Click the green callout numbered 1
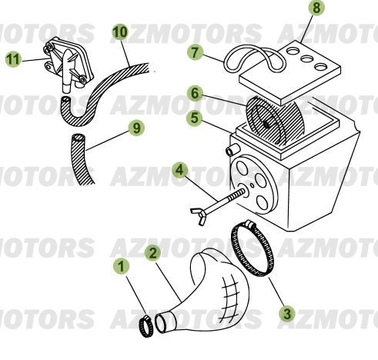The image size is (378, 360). point(120,267)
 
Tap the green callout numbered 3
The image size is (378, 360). point(286,313)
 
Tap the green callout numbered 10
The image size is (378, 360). point(119,33)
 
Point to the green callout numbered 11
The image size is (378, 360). point(12,57)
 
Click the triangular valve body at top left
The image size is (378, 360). point(65,58)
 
